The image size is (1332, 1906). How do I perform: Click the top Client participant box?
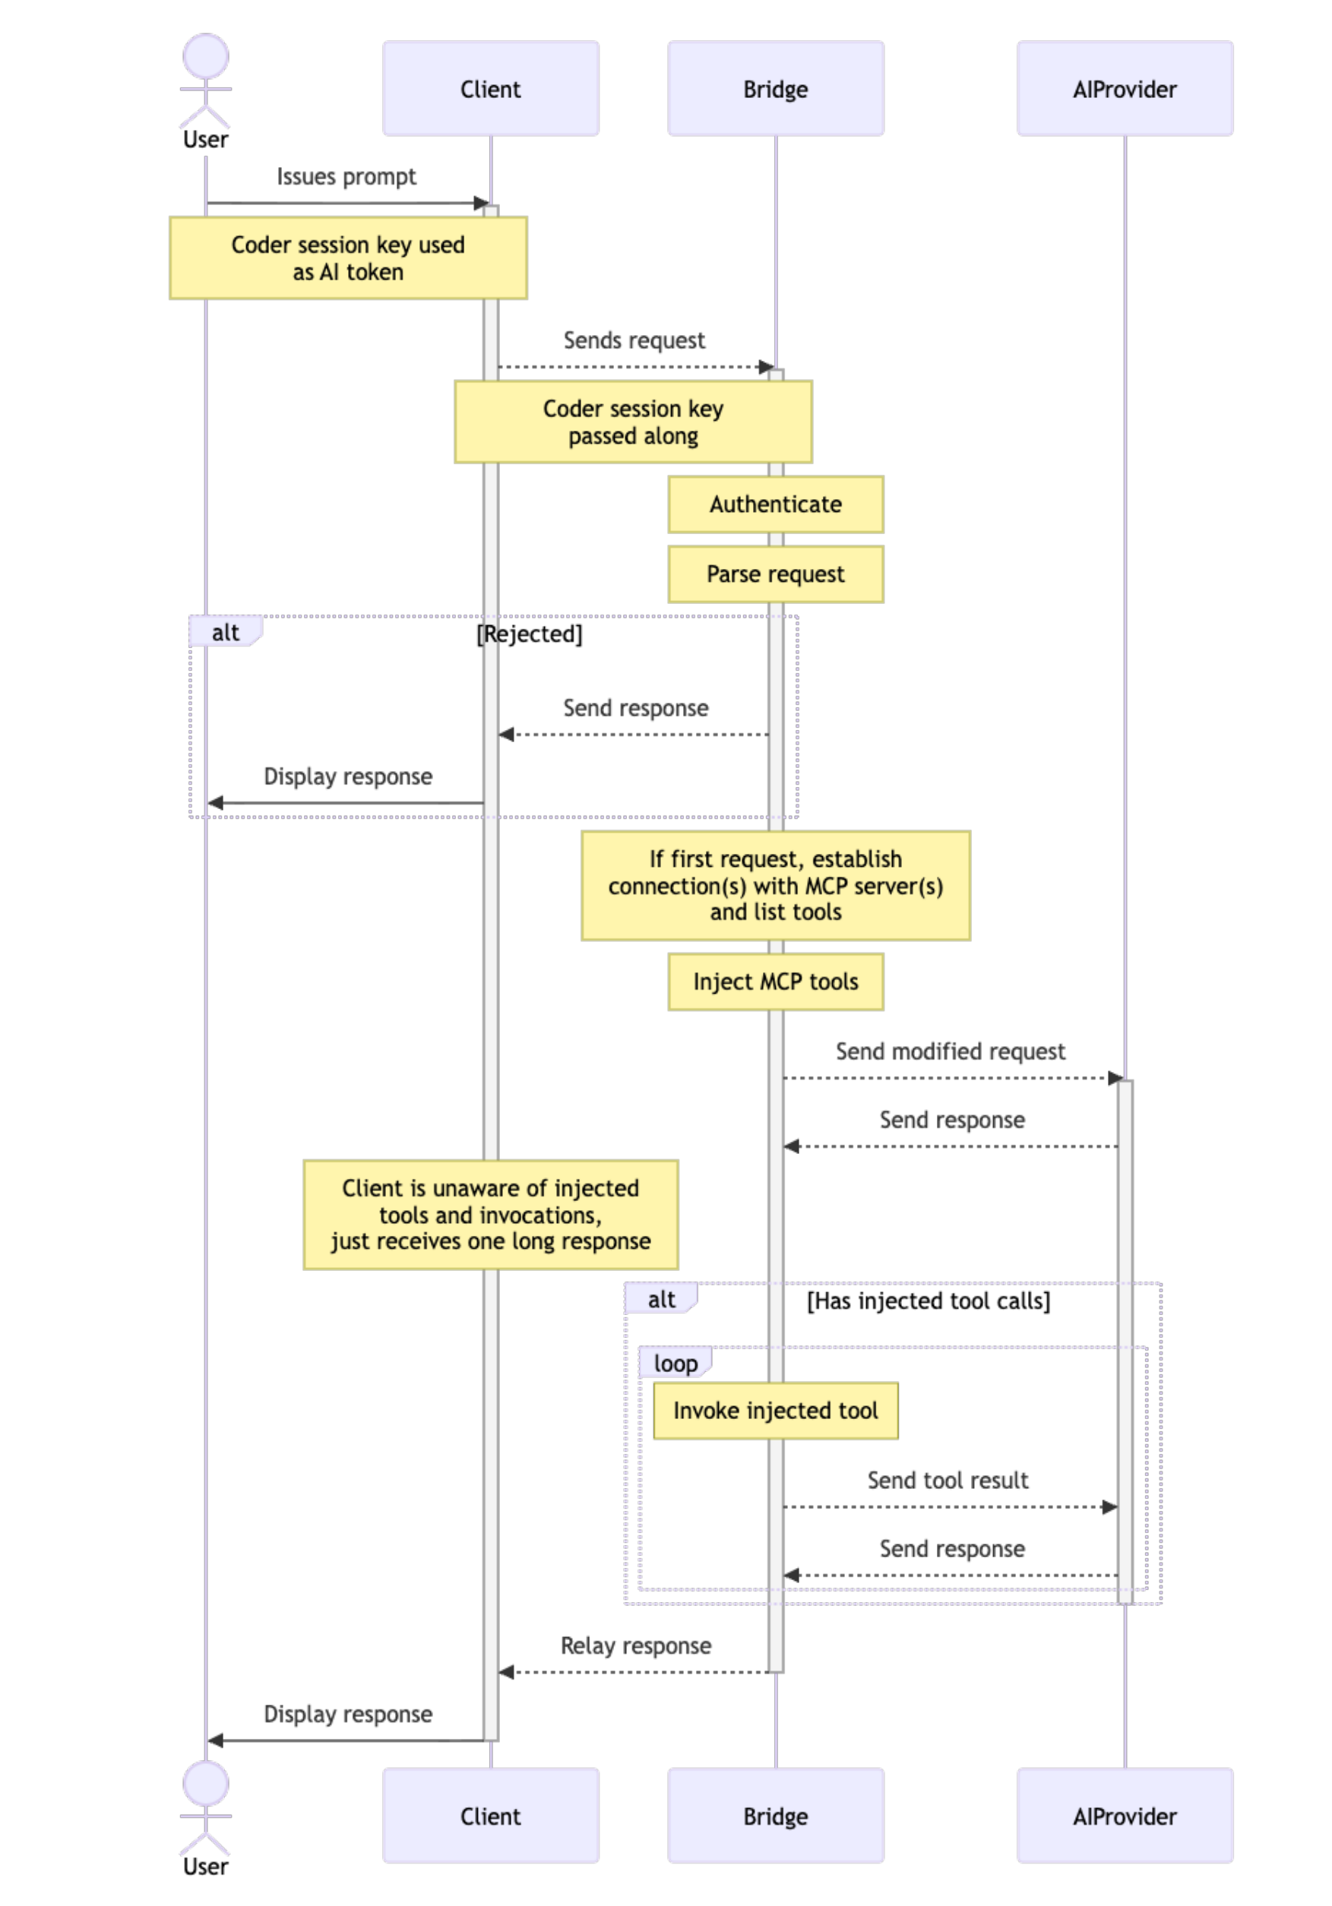point(490,89)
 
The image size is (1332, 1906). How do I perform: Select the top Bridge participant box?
point(775,89)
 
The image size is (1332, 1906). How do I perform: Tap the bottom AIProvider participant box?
point(1124,1816)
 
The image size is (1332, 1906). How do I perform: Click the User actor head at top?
point(205,56)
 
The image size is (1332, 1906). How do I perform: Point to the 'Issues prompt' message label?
point(346,177)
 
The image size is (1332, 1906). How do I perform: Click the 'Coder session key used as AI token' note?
point(347,258)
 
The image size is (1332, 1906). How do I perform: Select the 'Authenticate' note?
point(775,504)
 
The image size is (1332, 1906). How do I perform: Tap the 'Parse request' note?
point(775,574)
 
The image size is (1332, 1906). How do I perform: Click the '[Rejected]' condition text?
point(529,634)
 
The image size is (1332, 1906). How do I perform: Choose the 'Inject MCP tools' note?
point(775,981)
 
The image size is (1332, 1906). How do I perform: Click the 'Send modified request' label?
point(949,1051)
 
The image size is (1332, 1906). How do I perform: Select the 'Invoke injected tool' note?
point(775,1411)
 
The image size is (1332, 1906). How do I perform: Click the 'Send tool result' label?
point(947,1480)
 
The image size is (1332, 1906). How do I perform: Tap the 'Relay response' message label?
point(635,1645)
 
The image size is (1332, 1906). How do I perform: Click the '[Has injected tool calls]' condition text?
point(928,1301)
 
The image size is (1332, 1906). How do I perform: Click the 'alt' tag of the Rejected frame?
point(225,633)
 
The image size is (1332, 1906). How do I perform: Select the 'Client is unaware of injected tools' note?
point(490,1215)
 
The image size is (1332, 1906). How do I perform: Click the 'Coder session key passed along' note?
point(633,422)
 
